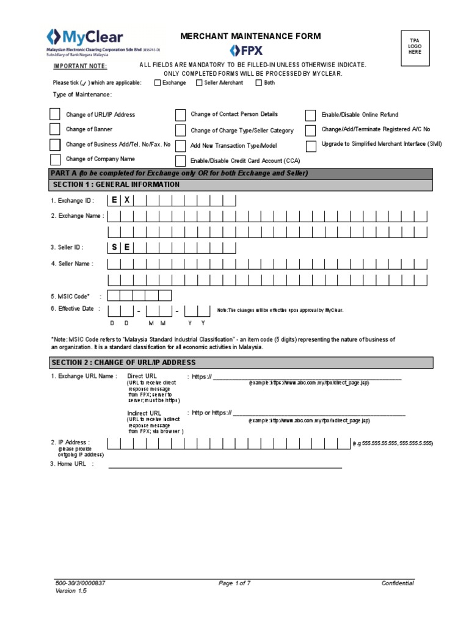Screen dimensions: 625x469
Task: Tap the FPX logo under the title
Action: coord(246,49)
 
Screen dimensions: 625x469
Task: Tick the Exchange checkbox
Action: coord(158,83)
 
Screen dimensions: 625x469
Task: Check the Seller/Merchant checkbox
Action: coord(199,83)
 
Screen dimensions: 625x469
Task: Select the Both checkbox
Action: coord(259,83)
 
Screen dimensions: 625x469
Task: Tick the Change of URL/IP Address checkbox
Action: coord(55,114)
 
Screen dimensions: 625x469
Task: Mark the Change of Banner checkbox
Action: coord(55,129)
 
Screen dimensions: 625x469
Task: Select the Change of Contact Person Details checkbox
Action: coord(181,115)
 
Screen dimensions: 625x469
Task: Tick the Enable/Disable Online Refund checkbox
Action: coord(311,115)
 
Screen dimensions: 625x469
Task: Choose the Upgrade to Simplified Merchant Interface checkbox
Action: coord(311,145)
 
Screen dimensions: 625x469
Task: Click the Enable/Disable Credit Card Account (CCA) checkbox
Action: coord(181,161)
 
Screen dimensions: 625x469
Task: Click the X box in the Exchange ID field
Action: coord(127,200)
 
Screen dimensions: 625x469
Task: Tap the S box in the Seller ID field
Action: coord(114,247)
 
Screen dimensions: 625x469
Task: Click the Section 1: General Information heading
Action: coord(117,184)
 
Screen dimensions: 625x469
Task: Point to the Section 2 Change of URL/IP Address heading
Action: coord(124,363)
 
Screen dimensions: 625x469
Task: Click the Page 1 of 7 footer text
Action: coord(234,583)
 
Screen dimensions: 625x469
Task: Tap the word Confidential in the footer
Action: coord(398,583)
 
